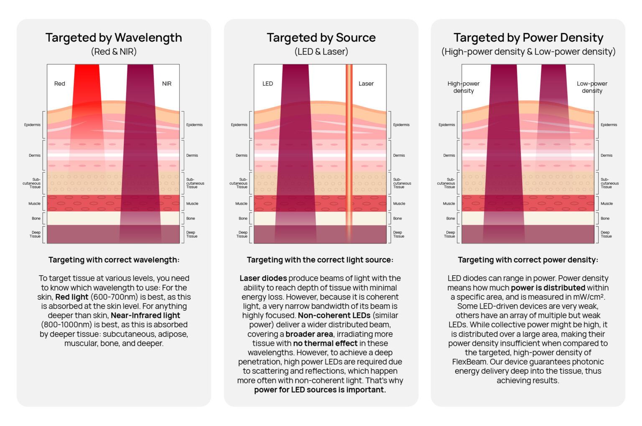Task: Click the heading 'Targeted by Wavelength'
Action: pos(114,38)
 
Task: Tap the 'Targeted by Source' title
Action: pos(321,38)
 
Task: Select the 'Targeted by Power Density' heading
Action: pos(528,38)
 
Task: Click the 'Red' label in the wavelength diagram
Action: pos(60,84)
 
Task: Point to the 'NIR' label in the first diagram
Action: pos(167,84)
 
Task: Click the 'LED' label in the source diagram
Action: pos(267,84)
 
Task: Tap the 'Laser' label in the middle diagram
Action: pos(366,84)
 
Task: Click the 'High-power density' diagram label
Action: pos(464,87)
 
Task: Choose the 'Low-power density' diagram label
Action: pos(592,87)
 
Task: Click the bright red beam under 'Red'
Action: pos(87,84)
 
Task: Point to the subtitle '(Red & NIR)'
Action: pos(114,52)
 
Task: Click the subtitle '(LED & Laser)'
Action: pos(321,52)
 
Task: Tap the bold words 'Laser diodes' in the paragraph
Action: pos(263,278)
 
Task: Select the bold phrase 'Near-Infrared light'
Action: pos(145,315)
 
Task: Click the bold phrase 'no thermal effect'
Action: pos(325,343)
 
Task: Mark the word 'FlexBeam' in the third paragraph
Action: pos(470,362)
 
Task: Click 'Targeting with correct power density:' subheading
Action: pos(528,260)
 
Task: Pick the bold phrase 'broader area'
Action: pos(309,334)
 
